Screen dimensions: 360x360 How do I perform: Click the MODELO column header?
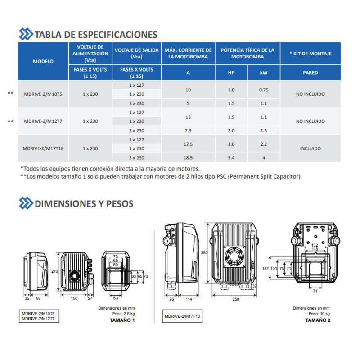click(43, 61)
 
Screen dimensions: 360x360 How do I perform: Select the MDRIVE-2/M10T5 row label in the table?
click(43, 94)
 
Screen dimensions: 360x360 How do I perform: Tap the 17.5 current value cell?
click(188, 144)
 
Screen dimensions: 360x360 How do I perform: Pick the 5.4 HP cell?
click(231, 158)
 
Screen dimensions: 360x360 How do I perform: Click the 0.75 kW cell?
click(264, 90)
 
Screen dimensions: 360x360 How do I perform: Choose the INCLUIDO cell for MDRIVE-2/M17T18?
click(310, 148)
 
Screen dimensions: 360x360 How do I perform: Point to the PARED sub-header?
click(310, 72)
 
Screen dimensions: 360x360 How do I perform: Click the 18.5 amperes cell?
click(188, 158)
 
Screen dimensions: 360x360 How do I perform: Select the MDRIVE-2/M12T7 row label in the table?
click(43, 121)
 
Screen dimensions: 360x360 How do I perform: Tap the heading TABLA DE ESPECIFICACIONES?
click(96, 35)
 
